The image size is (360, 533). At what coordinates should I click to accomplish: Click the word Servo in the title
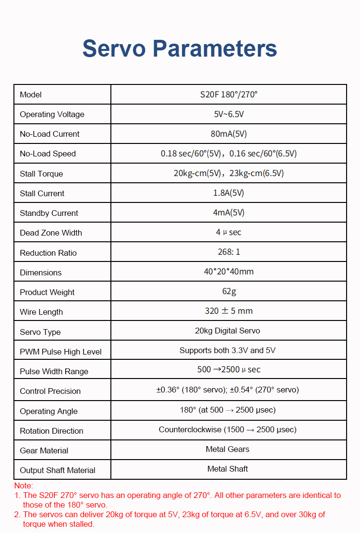coord(114,48)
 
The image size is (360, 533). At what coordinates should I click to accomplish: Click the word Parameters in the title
coord(215,48)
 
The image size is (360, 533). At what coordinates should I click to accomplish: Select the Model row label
coord(31,95)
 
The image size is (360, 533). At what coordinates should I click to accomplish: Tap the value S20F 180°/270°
coord(228,94)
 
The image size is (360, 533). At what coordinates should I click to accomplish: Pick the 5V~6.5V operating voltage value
coord(228,114)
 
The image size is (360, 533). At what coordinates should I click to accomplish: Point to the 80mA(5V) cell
coord(228,134)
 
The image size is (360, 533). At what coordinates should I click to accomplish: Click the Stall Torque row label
coord(41,174)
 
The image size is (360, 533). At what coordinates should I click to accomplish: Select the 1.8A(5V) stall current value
coord(228,193)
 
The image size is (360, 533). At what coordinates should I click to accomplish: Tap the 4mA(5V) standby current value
coord(228,213)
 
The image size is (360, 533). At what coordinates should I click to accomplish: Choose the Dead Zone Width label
coord(51,233)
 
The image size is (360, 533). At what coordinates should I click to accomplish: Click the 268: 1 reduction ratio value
coord(228,252)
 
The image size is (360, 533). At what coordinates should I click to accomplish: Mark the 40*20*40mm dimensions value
coord(228,272)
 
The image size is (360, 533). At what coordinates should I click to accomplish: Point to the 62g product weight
coord(228,291)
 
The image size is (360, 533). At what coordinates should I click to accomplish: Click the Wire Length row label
coord(41,312)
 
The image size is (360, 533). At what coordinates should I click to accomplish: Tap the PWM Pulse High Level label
coord(60,352)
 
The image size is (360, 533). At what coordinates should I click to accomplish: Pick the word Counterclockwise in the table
coord(190,429)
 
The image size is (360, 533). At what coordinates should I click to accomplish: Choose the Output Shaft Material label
coord(58,470)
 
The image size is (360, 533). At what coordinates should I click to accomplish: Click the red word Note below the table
coord(24,486)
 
